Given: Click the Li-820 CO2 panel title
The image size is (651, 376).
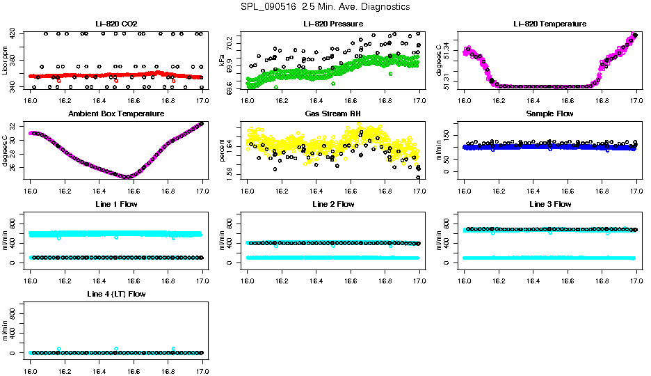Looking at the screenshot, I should point(116,24).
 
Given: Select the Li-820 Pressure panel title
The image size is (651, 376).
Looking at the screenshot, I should point(333,24).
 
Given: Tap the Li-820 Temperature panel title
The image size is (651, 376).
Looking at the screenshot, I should point(549,24).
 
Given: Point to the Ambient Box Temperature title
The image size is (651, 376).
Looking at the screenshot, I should point(116,114).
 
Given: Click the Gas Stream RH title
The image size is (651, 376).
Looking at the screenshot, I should point(333,114).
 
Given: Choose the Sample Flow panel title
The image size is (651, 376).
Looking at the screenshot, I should point(549,114).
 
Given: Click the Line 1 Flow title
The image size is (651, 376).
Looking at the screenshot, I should point(116,204).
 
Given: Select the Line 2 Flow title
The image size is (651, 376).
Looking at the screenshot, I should point(333,204).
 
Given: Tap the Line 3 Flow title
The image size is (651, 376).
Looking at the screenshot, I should point(549,204).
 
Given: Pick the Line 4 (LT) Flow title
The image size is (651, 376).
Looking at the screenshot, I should point(116,294).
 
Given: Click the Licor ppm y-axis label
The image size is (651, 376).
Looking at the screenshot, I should point(6,61).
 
